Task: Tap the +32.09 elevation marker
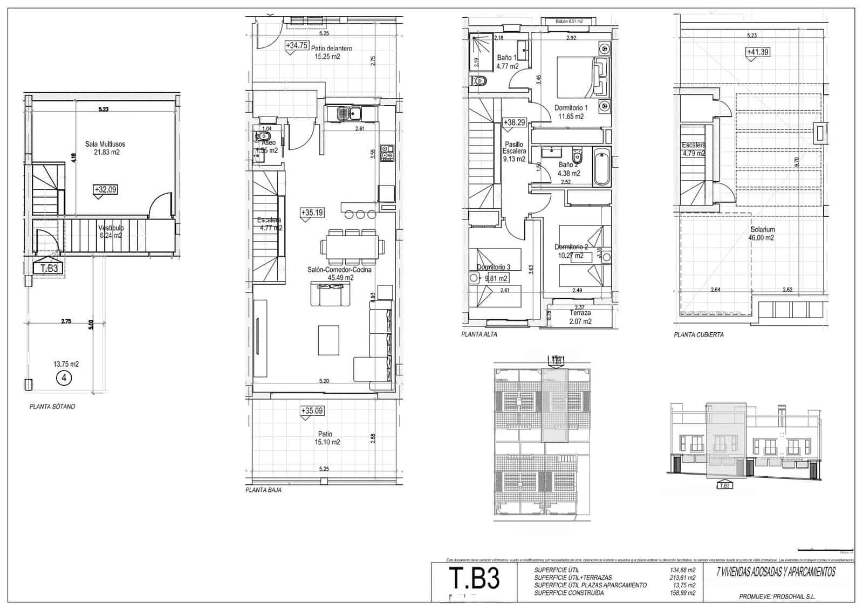click(105, 190)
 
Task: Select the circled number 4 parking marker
click(64, 378)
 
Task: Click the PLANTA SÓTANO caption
click(52, 407)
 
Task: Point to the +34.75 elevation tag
click(296, 46)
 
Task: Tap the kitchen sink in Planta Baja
click(350, 113)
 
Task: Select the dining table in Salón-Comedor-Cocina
click(353, 247)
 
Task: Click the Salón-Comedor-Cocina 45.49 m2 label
click(340, 273)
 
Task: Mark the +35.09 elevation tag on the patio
click(311, 411)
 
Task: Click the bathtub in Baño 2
click(602, 167)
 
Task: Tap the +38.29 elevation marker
click(514, 123)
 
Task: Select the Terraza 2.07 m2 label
click(580, 317)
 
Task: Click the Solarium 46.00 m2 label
click(762, 233)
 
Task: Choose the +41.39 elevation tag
click(757, 52)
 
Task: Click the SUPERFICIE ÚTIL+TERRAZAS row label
click(573, 578)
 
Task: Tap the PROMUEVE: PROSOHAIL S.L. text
click(777, 597)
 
